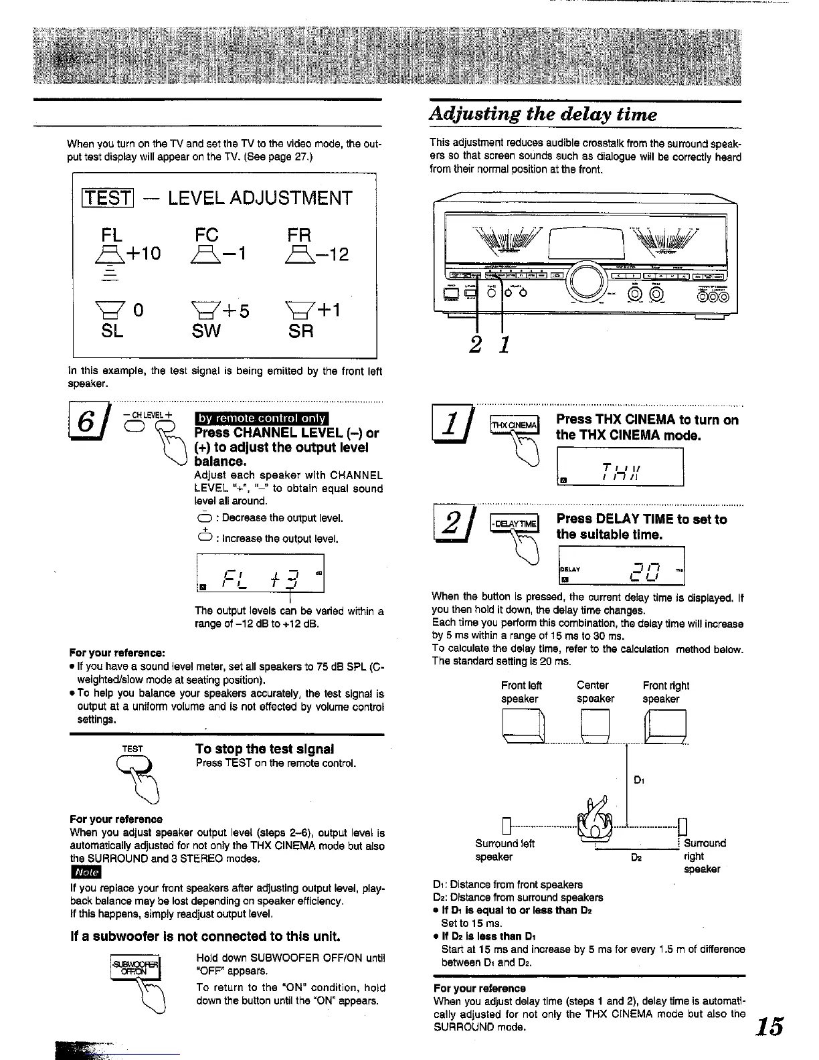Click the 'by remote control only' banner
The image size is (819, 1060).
pyautogui.click(x=258, y=419)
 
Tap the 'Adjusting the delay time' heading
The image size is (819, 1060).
pyautogui.click(x=543, y=114)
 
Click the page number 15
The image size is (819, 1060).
pyautogui.click(x=770, y=1027)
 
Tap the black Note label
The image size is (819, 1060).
pyautogui.click(x=85, y=873)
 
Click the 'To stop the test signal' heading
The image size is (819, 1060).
pyautogui.click(x=264, y=749)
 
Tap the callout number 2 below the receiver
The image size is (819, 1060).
pyautogui.click(x=476, y=345)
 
